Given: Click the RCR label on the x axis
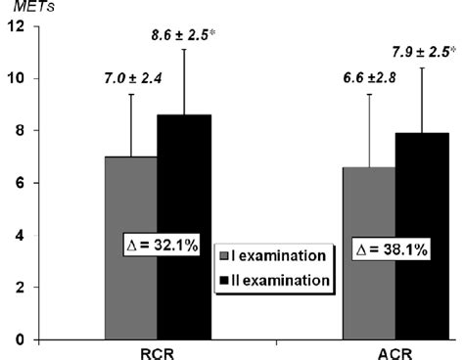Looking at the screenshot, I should [157, 350].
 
